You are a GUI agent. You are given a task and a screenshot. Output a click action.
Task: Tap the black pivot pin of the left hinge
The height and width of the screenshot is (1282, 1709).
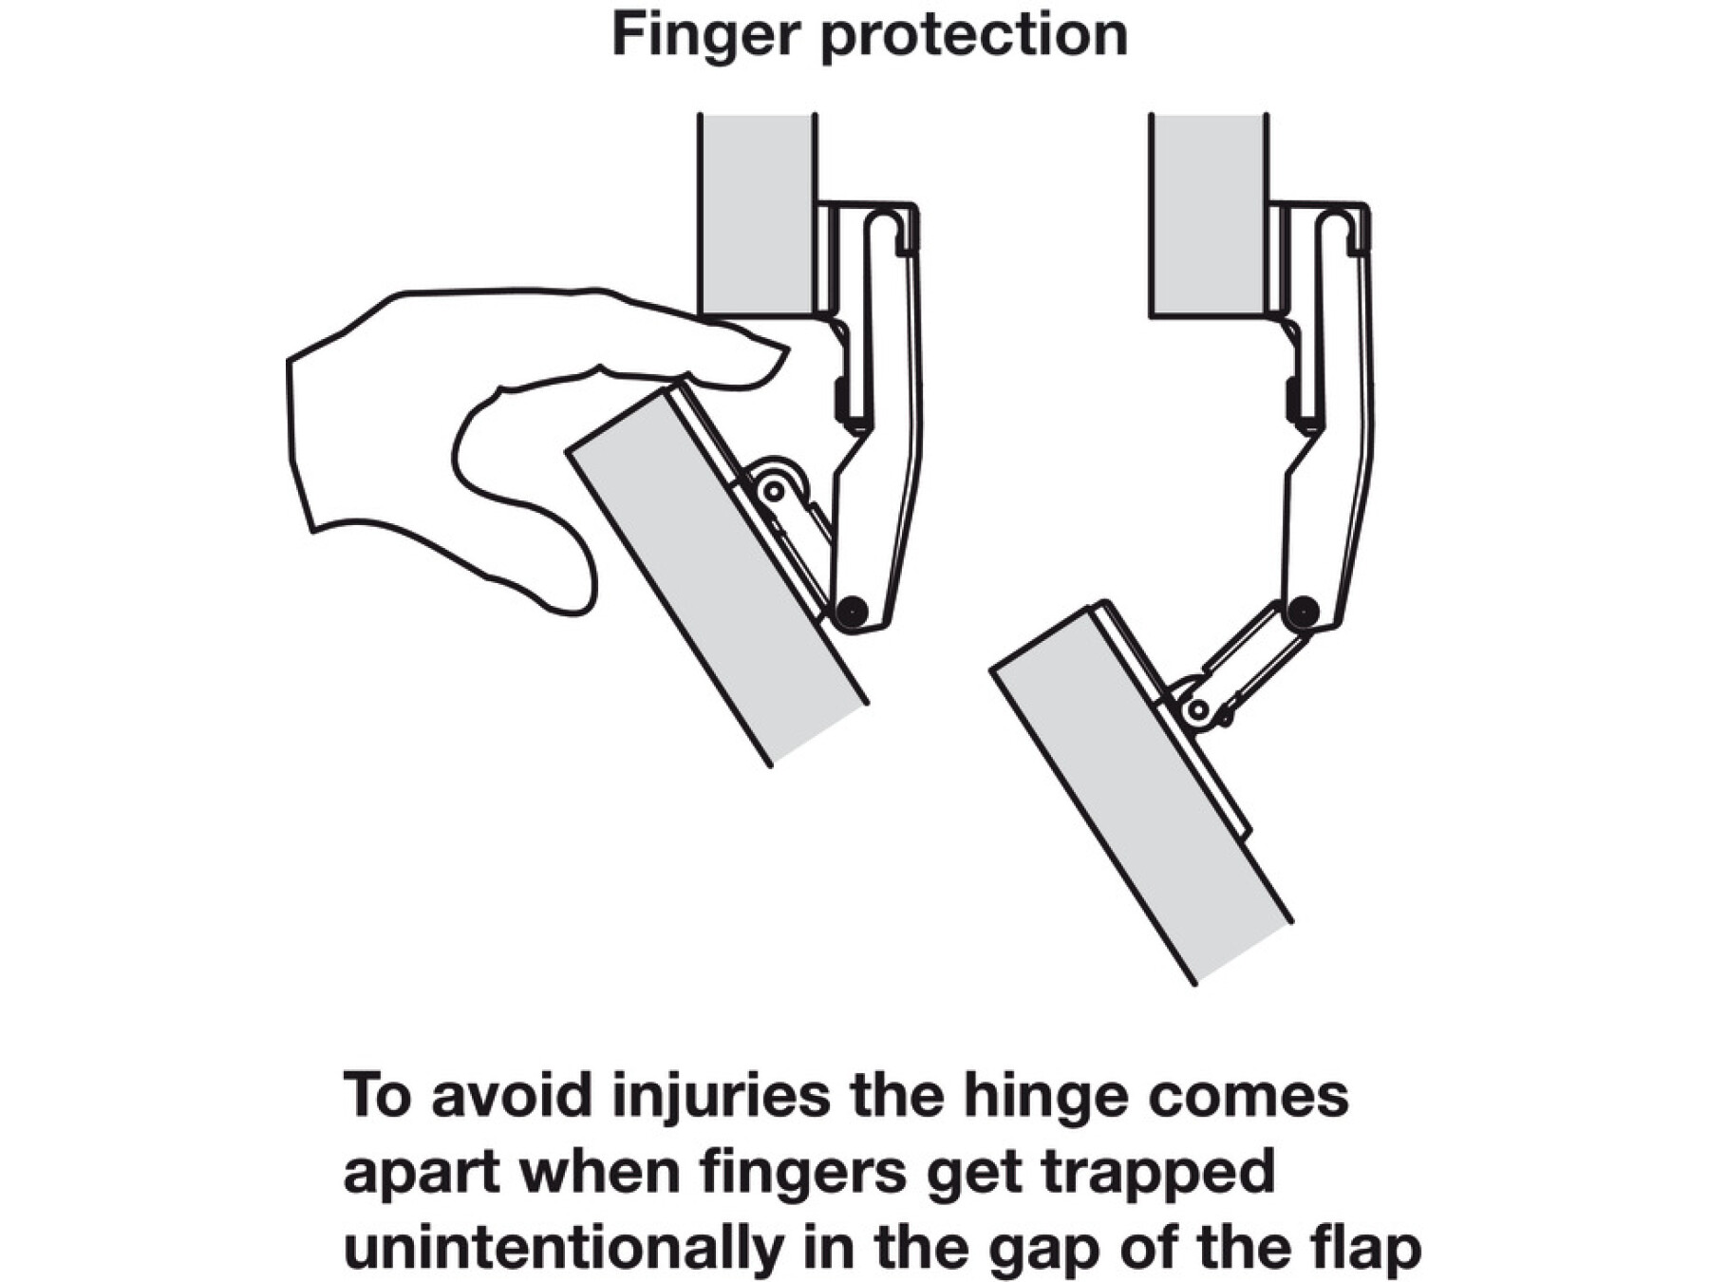pos(852,610)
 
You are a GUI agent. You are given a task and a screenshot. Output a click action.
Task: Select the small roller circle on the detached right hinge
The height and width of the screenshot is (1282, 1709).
pos(1198,708)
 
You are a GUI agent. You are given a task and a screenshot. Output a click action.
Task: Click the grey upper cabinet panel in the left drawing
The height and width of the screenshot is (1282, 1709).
pos(757,214)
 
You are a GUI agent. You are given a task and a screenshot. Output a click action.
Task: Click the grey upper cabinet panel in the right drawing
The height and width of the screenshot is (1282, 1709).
pos(1208,214)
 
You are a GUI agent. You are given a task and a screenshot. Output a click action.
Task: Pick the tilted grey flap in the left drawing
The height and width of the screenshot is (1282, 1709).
pos(717,575)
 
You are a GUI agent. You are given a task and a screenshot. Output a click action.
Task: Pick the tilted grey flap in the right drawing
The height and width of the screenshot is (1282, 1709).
pos(1139,793)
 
